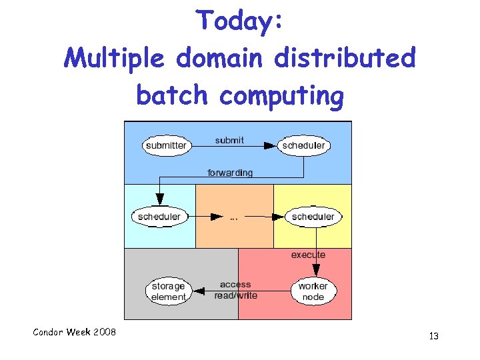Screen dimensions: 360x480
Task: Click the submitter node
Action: click(166, 145)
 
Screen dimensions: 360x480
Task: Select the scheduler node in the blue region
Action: click(304, 145)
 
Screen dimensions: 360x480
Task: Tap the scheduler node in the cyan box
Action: click(159, 217)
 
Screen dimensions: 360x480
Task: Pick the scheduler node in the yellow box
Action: click(313, 217)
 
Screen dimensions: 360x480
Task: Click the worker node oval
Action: click(313, 291)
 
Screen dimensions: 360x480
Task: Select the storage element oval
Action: click(168, 291)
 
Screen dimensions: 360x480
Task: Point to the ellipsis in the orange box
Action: click(234, 217)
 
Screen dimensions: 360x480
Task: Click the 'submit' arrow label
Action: click(229, 140)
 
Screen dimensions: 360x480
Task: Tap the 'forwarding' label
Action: click(230, 173)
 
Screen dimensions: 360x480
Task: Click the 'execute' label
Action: click(308, 255)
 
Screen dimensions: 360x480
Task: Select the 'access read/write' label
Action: click(235, 290)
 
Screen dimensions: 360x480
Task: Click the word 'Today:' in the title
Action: click(240, 21)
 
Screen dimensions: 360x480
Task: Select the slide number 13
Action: click(433, 337)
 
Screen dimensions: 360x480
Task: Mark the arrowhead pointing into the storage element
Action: click(196, 291)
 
